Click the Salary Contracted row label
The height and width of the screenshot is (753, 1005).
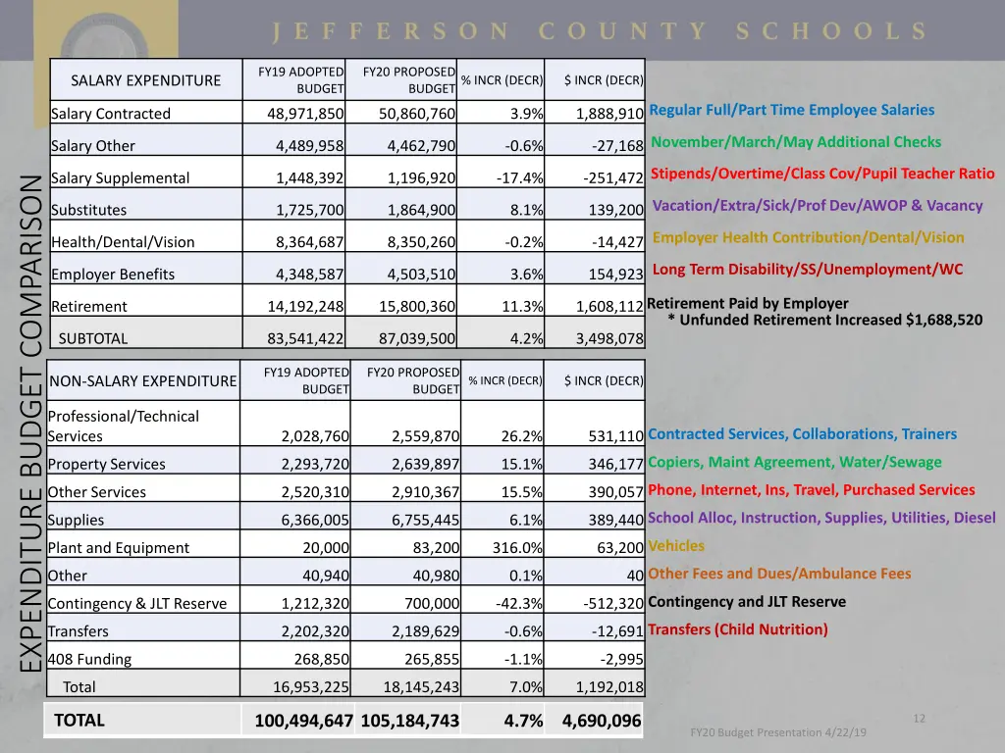tap(111, 114)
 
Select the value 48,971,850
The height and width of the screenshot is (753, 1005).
tap(305, 114)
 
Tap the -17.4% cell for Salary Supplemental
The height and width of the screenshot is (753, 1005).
tap(519, 178)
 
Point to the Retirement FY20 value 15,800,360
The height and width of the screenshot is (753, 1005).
tap(417, 307)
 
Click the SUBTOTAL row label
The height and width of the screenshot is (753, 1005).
tap(93, 339)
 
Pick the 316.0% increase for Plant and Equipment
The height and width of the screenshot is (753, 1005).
tap(517, 548)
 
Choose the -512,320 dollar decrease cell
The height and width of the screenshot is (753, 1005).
tap(607, 604)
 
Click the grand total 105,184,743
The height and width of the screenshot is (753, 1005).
tap(409, 722)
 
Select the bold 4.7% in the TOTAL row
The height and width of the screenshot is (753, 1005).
tap(523, 722)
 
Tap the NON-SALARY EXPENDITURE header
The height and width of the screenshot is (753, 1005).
tap(143, 381)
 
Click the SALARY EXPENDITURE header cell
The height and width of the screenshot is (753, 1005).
tap(146, 80)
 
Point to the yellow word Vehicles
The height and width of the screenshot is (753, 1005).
tap(676, 546)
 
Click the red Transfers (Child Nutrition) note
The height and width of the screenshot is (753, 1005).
tap(738, 629)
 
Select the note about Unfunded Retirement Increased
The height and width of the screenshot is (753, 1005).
tap(824, 320)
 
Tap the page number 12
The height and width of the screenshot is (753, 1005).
tap(919, 719)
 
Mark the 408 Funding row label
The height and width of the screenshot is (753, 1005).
tap(89, 660)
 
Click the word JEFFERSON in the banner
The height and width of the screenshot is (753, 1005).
tap(392, 31)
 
